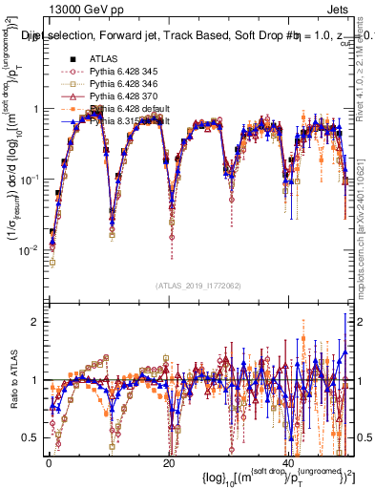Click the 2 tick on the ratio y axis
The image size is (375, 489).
(x=35, y=322)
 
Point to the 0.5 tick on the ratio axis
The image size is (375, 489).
(x=31, y=437)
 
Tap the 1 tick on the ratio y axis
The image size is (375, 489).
(x=35, y=380)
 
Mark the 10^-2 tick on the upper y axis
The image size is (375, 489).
(x=29, y=249)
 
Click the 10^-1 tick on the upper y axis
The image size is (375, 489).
(x=29, y=179)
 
